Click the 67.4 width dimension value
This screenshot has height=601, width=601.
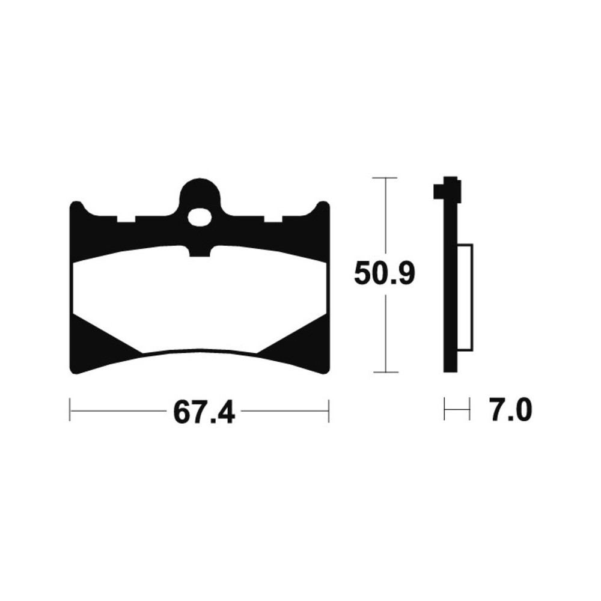point(204,411)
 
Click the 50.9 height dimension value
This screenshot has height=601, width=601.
point(384,273)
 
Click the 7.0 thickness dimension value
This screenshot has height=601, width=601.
point(511,410)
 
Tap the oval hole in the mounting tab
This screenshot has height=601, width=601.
point(200,218)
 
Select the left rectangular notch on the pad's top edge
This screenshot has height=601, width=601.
point(126,219)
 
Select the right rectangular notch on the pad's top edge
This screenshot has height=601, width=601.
point(273,219)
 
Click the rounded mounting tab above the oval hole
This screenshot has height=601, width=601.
point(200,192)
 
